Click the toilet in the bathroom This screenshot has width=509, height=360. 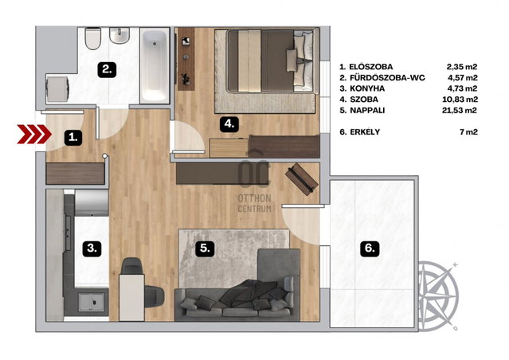pyautogui.click(x=93, y=38)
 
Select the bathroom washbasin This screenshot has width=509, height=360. pyautogui.click(x=119, y=35)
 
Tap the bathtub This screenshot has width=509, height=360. pyautogui.click(x=155, y=65)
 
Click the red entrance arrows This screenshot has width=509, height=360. pyautogui.click(x=34, y=134)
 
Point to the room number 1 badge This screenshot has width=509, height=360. pyautogui.click(x=73, y=138)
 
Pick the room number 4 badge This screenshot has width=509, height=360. pyautogui.click(x=229, y=123)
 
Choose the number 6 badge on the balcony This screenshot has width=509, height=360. pyautogui.click(x=370, y=248)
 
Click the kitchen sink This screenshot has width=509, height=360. pyautogui.click(x=92, y=301)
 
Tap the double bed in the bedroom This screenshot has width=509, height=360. pyautogui.click(x=271, y=61)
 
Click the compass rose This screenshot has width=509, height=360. pyautogui.click(x=438, y=295)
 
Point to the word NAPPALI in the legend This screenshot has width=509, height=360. pyautogui.click(x=367, y=111)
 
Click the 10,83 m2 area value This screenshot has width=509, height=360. pyautogui.click(x=460, y=100)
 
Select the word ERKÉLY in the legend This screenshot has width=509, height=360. pyautogui.click(x=365, y=131)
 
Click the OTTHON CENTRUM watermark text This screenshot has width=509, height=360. pyautogui.click(x=255, y=204)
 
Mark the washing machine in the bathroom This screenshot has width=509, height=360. pyautogui.click(x=57, y=88)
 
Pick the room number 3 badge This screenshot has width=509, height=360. pyautogui.click(x=92, y=248)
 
